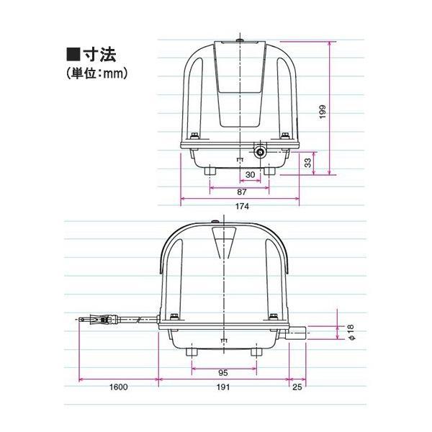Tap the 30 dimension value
(x=250, y=175)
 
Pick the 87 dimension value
(x=242, y=192)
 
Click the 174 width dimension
(x=242, y=207)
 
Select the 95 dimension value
(x=223, y=373)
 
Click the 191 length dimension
(x=223, y=387)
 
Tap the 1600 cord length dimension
(x=119, y=387)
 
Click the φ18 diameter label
(x=351, y=332)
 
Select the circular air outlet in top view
(x=258, y=152)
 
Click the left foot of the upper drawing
(x=210, y=172)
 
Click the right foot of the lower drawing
(x=257, y=351)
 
